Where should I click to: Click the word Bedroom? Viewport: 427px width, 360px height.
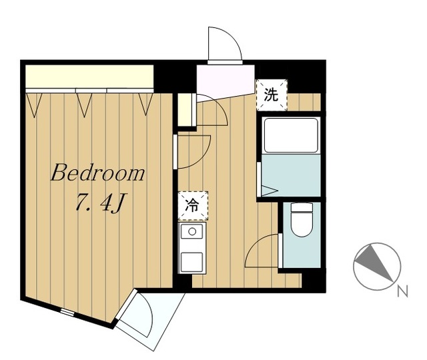coord(98,173)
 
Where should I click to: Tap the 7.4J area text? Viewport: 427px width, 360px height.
coord(99,203)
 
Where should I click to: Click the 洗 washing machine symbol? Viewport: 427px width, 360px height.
coord(272,95)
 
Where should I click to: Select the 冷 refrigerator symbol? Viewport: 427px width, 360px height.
coord(193,206)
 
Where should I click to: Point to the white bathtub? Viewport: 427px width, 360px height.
coord(291,135)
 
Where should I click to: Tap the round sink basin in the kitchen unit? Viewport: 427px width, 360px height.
coord(192,231)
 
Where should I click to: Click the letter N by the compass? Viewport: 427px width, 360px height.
coord(402,291)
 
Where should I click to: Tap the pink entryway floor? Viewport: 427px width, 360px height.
coord(226,81)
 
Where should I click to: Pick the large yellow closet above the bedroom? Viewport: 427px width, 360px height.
coord(89,77)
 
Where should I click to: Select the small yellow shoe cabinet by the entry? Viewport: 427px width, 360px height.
coord(185,109)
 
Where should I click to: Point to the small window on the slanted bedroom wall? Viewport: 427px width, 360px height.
coord(67,312)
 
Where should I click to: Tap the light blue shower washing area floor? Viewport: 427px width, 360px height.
coord(291,175)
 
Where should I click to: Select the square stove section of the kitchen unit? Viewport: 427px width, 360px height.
coord(191,262)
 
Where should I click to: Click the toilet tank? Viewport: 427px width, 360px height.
coord(302,207)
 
